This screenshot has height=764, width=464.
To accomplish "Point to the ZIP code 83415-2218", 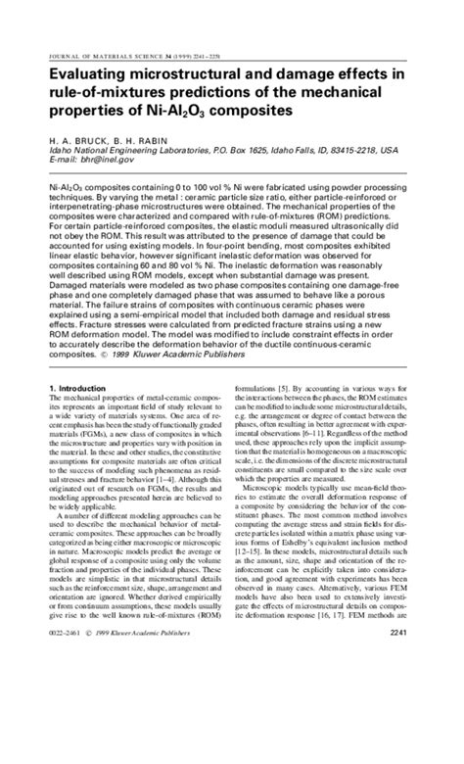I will tap(349, 151).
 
